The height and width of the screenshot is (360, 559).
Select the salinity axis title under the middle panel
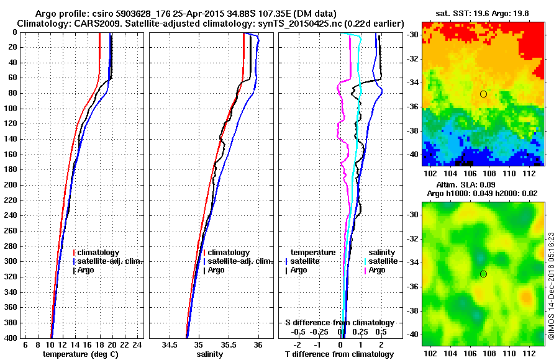[x=211, y=354]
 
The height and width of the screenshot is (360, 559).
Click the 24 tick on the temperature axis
[x=138, y=344]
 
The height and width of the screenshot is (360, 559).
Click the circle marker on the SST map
[x=483, y=94]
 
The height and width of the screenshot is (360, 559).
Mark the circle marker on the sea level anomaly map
[x=483, y=274]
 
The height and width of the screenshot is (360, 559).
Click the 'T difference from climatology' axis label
[x=340, y=354]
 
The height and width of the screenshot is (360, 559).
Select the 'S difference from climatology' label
[x=340, y=323]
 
